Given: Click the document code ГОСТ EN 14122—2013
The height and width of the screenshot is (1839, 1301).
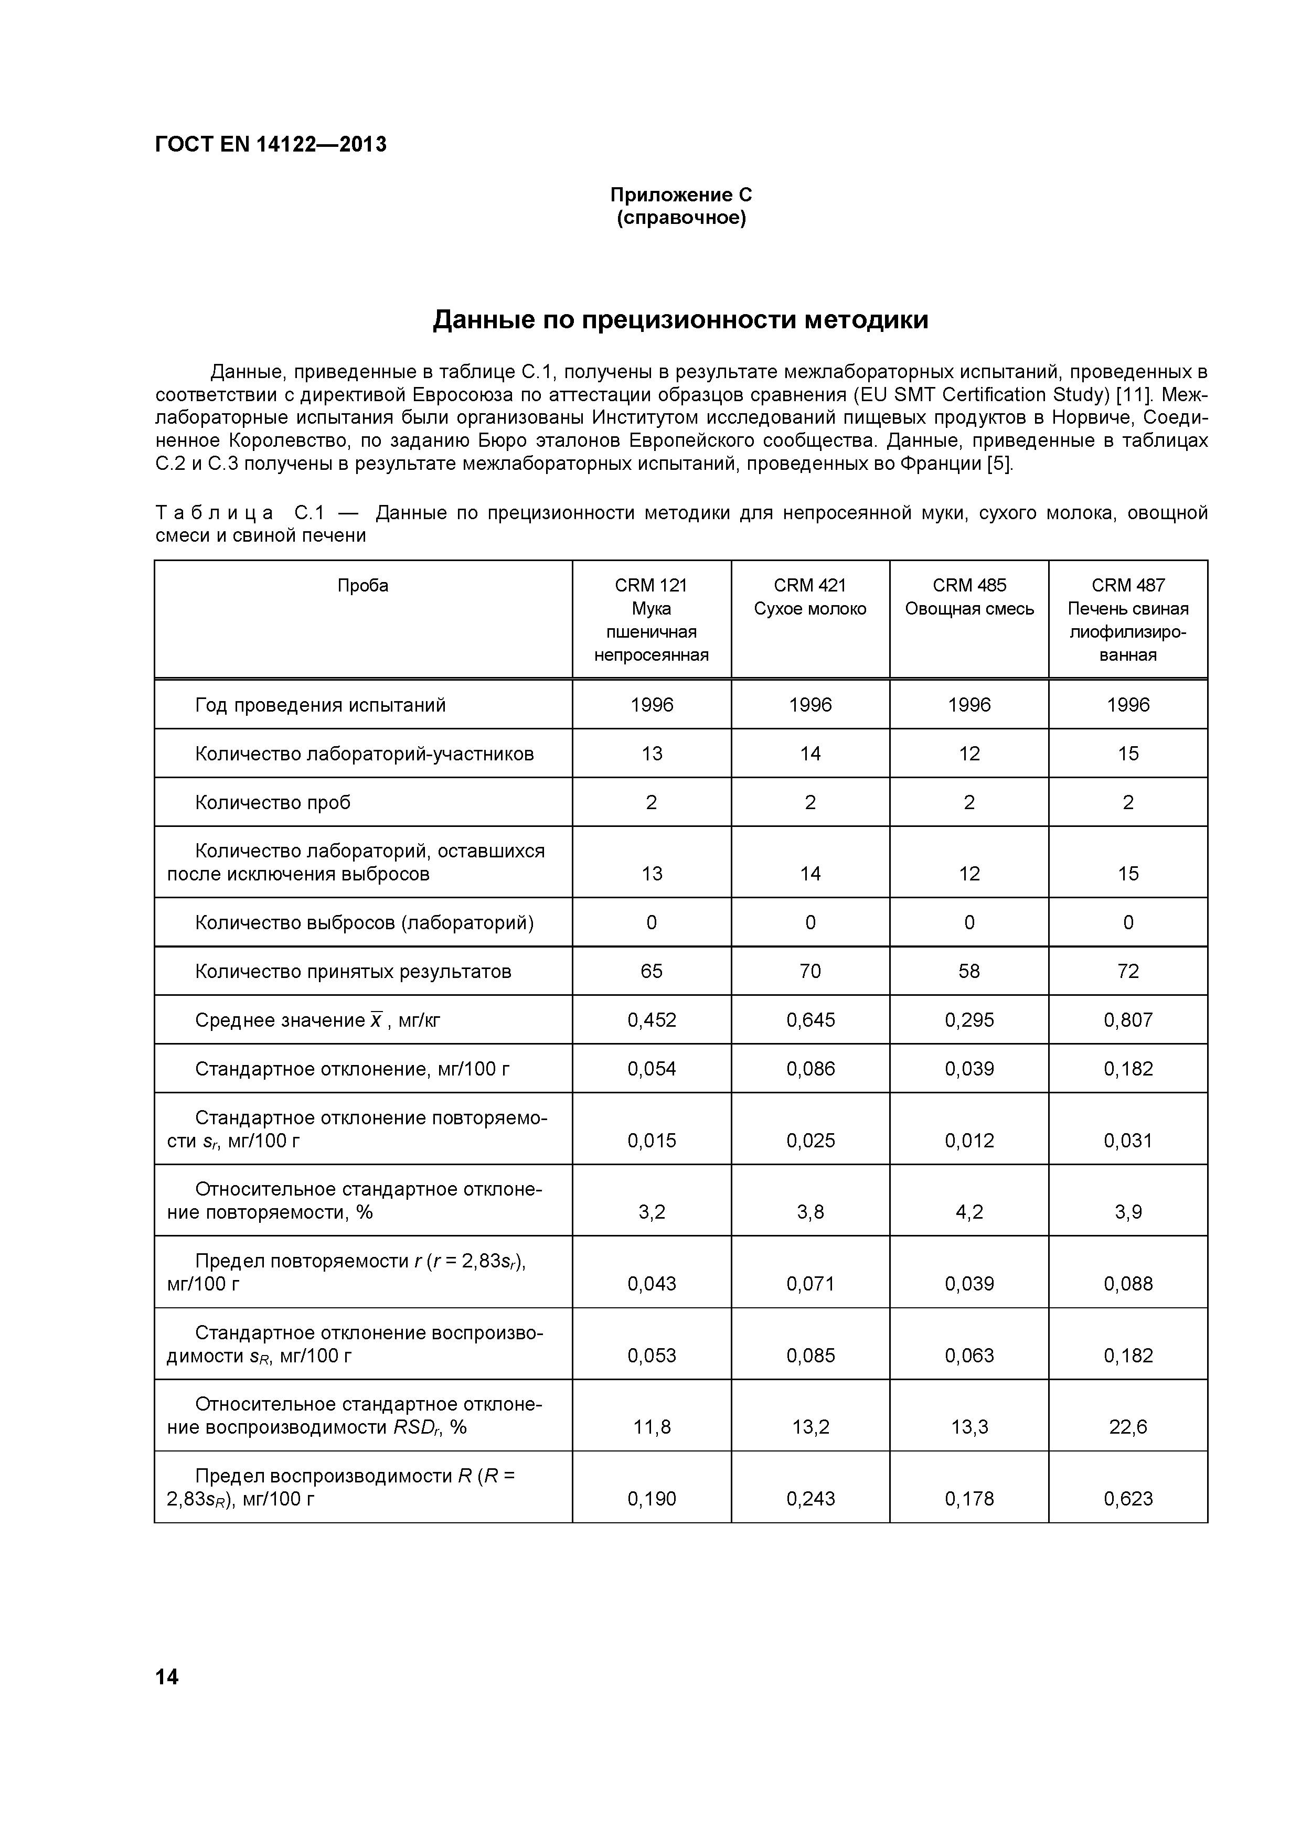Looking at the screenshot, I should [x=270, y=144].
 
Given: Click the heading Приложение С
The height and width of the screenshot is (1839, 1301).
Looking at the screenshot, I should [x=681, y=195].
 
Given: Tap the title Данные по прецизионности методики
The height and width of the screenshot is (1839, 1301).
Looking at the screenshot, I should [x=680, y=319].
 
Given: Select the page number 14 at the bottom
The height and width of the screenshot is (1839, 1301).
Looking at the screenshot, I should [x=167, y=1676].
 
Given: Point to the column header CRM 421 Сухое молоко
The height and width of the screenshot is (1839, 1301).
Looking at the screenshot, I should [x=810, y=597].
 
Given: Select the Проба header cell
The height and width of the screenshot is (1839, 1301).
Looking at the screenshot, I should [x=363, y=586].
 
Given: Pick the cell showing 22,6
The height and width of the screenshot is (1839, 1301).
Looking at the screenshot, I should [x=1127, y=1426].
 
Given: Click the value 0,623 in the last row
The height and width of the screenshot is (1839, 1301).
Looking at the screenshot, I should [x=1127, y=1499].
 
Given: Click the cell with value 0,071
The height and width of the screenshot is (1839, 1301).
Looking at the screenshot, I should [x=810, y=1284].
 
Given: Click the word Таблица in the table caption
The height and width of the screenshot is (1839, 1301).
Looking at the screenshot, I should [x=214, y=513].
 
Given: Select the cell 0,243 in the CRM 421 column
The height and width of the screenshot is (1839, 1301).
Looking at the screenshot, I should [x=810, y=1499].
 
